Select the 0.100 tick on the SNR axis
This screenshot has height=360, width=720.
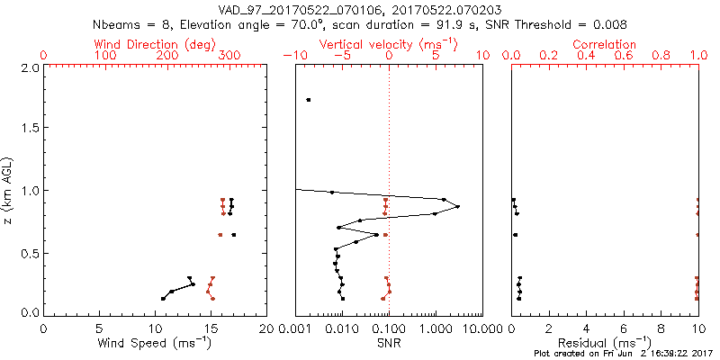[388, 328]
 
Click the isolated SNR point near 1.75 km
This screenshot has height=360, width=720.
[309, 100]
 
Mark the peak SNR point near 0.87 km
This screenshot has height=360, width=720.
[458, 207]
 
